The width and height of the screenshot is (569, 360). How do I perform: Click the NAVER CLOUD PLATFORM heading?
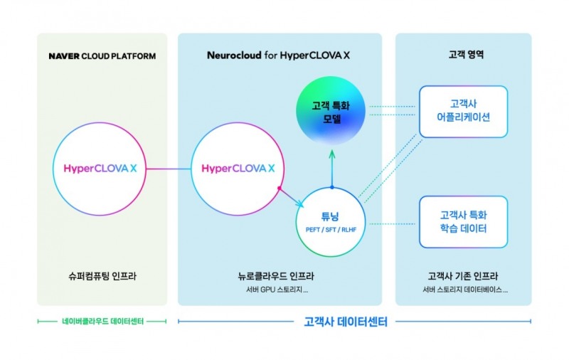point(102,55)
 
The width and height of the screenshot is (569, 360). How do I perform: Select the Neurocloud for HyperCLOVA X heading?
point(279,55)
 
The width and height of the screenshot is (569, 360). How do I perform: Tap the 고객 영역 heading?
point(463,55)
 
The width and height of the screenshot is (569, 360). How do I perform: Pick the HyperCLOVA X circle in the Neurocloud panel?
point(239,169)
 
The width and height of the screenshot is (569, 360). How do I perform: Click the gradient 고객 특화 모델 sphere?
point(331,112)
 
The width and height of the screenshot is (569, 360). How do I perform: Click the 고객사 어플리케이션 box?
point(463,112)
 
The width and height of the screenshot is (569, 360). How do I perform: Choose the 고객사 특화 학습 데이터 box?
point(463,222)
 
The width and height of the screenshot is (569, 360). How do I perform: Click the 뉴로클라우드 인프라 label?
point(279,276)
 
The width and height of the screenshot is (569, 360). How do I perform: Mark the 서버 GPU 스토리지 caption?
point(279,290)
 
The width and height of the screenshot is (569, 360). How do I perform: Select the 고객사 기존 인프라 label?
point(463,276)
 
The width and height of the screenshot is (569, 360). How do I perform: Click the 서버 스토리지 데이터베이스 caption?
point(463,290)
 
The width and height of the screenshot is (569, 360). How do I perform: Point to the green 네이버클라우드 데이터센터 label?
point(102,322)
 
